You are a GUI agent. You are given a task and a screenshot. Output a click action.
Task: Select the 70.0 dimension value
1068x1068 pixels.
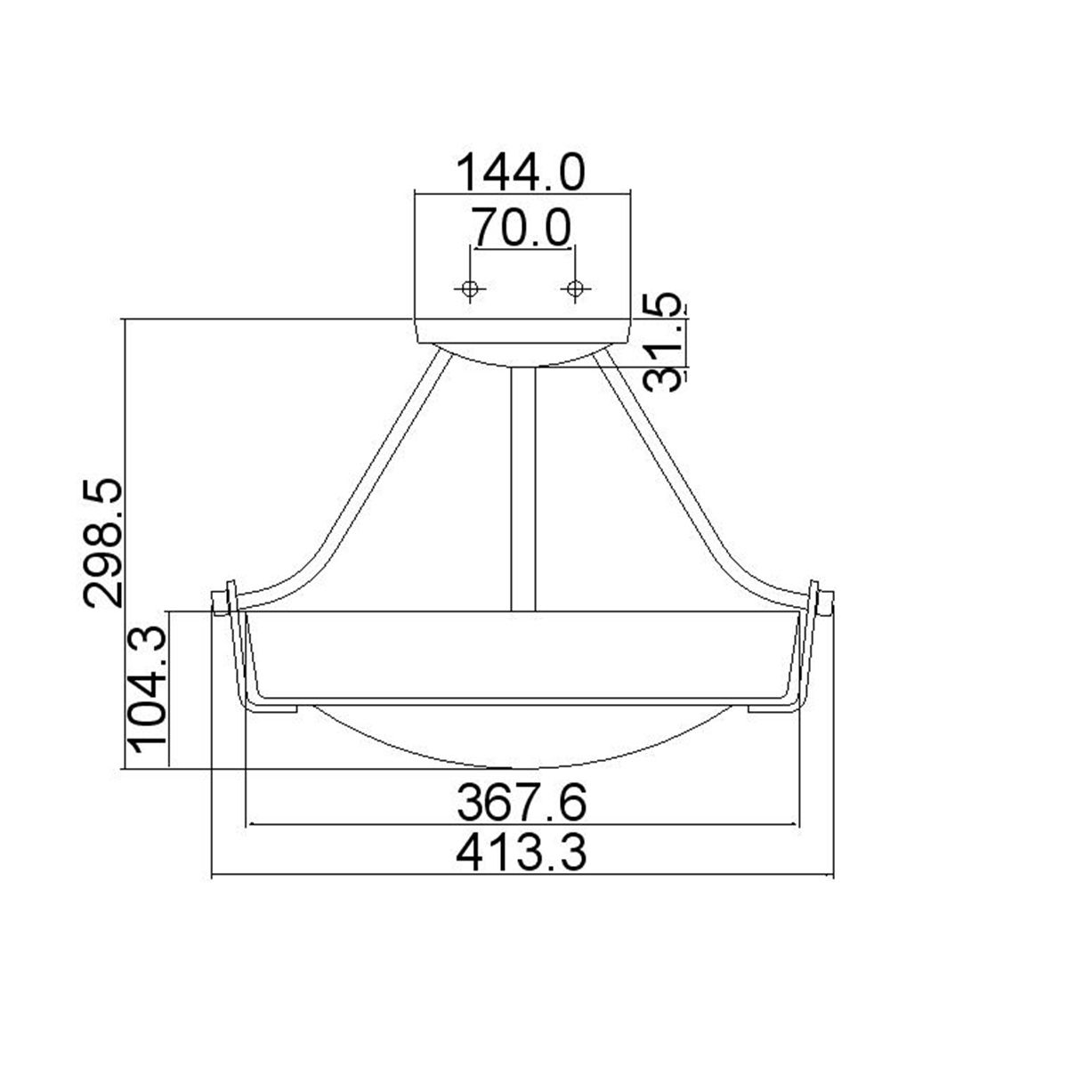[522, 228]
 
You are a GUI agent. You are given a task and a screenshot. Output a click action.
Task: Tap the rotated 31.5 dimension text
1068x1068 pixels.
[666, 342]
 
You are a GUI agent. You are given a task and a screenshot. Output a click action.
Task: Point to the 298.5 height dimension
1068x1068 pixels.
[102, 543]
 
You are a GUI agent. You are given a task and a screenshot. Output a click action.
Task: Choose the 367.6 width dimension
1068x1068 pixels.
[522, 805]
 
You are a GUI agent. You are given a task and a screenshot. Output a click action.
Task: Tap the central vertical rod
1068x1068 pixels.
[522, 489]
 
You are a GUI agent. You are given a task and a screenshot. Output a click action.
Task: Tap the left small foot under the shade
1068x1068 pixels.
[272, 708]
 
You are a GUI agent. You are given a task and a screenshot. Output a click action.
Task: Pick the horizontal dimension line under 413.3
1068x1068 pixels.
[523, 877]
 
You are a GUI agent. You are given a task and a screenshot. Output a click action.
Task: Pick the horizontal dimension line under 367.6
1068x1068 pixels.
[523, 825]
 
